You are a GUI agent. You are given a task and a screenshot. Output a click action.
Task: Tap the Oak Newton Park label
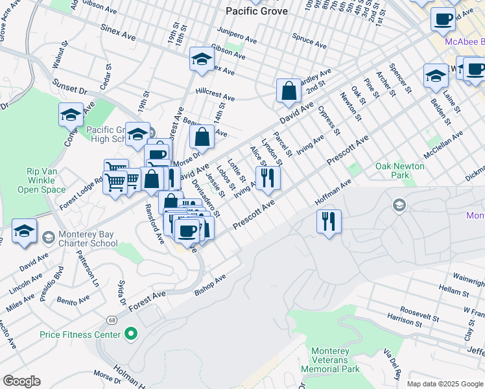(400, 171)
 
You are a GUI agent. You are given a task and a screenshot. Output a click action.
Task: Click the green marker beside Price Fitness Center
(131, 335)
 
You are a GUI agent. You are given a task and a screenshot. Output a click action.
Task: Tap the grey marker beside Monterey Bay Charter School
(47, 238)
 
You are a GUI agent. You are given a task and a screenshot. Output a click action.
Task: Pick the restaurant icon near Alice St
(267, 176)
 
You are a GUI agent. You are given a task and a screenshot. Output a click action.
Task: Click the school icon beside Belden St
(436, 75)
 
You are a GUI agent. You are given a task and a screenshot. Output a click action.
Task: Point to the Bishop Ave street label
(210, 285)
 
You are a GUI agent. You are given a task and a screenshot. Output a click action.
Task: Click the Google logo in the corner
(21, 381)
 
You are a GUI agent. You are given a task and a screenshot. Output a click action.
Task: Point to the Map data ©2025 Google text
(444, 384)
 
